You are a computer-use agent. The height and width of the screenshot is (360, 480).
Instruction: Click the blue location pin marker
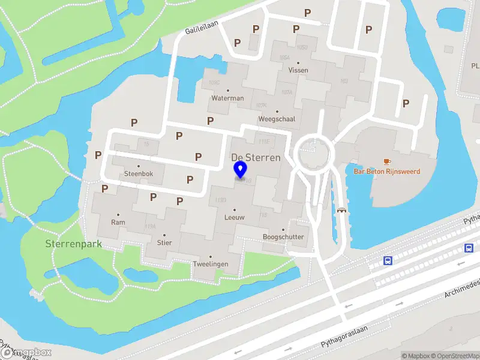pyautogui.click(x=240, y=170)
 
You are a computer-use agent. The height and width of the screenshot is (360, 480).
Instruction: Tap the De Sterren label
pyautogui.click(x=256, y=157)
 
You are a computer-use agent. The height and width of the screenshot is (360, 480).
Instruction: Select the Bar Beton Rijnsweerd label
pyautogui.click(x=387, y=172)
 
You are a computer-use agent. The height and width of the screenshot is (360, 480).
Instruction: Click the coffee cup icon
pyautogui.click(x=387, y=161)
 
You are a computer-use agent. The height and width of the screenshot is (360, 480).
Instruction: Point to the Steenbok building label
pyautogui.click(x=139, y=174)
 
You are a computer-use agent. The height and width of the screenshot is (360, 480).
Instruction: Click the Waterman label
pyautogui.click(x=227, y=98)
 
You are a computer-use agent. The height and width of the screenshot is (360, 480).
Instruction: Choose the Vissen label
pyautogui.click(x=298, y=70)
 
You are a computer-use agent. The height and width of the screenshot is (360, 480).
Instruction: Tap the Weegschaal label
pyautogui.click(x=277, y=119)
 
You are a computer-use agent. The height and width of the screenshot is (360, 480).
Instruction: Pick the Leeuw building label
pyautogui.click(x=234, y=217)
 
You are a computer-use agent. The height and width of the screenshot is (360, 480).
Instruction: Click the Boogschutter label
pyautogui.click(x=283, y=236)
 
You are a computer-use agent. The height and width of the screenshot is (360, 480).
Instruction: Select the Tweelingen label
pyautogui.click(x=210, y=264)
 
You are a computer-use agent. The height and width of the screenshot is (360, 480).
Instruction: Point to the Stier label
pyautogui.click(x=164, y=243)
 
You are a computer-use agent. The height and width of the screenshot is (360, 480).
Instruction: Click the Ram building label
pyautogui.click(x=118, y=222)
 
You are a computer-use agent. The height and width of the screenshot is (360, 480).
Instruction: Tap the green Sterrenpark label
pyautogui.click(x=73, y=244)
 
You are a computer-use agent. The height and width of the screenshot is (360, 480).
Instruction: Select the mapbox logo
pyautogui.click(x=26, y=352)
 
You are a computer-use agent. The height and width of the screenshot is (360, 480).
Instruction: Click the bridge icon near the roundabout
pyautogui.click(x=342, y=210)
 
